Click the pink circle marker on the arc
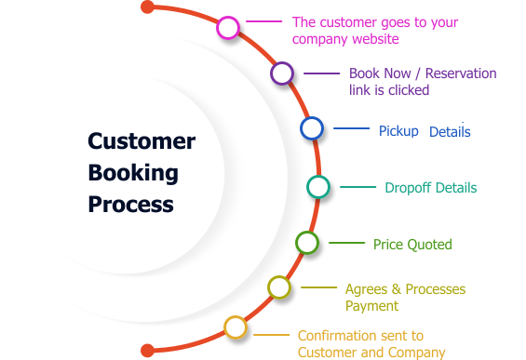[228, 28]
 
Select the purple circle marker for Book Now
[282, 73]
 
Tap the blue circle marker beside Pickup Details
[312, 128]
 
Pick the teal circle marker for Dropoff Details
[318, 187]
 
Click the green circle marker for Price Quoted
[307, 243]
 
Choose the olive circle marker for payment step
[279, 287]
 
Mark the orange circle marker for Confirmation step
[236, 327]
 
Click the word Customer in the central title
[142, 141]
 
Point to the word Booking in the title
[133, 172]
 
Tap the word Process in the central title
[131, 204]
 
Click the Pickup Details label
[425, 131]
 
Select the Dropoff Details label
[430, 188]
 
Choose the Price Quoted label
[412, 245]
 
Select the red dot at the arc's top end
[147, 8]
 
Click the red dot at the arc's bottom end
[147, 351]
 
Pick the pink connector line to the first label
[263, 20]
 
